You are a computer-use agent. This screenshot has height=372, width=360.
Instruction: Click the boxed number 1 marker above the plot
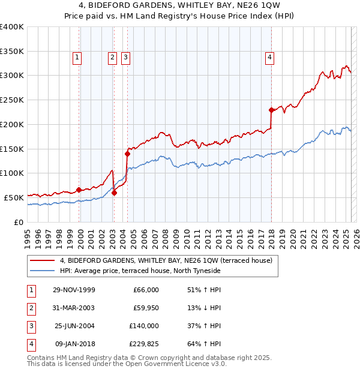(x=77, y=58)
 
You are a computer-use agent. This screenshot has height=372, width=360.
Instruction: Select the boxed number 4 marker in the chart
(x=270, y=58)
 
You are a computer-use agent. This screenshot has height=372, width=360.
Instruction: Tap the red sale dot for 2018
(x=271, y=110)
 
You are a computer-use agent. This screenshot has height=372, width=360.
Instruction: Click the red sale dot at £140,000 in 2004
(x=127, y=154)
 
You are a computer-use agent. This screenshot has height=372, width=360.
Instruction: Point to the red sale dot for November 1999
(x=79, y=190)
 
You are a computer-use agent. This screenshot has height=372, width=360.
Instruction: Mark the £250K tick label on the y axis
(x=12, y=100)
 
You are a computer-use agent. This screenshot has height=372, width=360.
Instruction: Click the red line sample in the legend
(x=42, y=260)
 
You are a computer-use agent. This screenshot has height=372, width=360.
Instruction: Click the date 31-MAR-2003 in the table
(x=74, y=308)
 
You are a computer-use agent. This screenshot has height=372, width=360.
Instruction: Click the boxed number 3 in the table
(x=29, y=326)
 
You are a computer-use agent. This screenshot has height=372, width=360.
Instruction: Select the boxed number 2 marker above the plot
(x=112, y=58)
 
